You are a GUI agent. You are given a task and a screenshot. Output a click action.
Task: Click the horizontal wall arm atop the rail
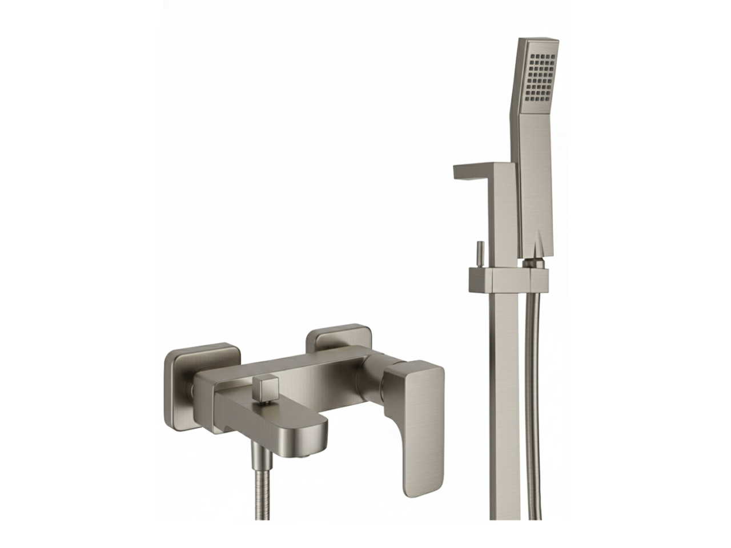point(474,171)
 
